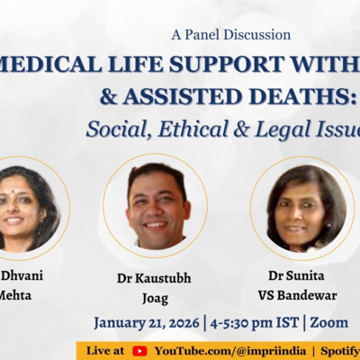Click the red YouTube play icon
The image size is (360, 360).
(x=139, y=350)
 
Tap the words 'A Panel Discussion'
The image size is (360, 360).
(x=230, y=35)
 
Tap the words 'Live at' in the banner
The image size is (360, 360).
(x=107, y=350)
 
